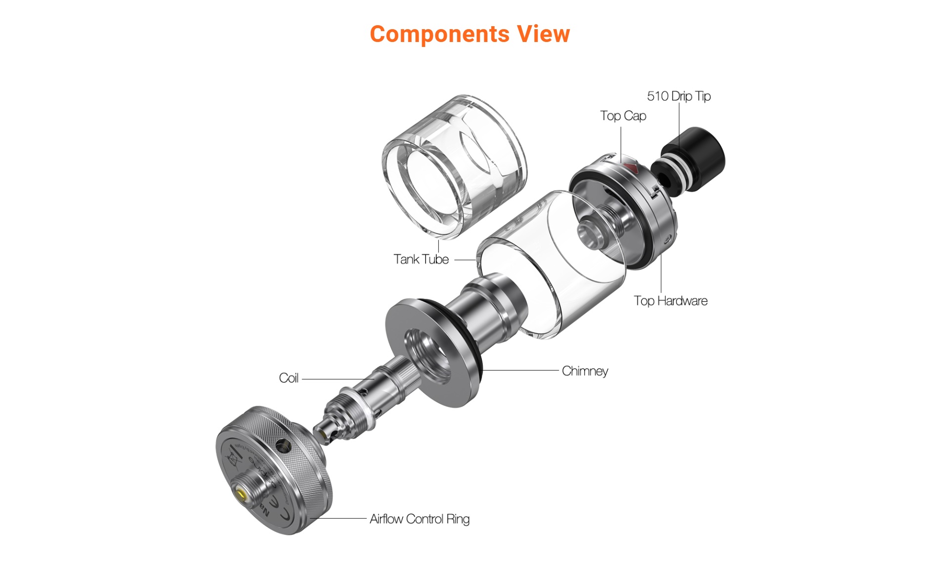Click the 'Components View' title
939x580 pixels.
tap(469, 34)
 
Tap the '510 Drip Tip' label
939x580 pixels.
tap(679, 96)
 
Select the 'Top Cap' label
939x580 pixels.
tap(623, 116)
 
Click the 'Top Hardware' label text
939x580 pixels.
tap(670, 300)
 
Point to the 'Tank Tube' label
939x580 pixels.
tap(421, 259)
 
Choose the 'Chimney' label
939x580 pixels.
tap(585, 371)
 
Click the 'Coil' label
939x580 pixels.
tap(289, 378)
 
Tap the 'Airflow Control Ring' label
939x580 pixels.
tap(419, 519)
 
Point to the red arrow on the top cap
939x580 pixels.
tap(631, 166)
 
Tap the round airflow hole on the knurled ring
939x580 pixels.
tap(283, 447)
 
